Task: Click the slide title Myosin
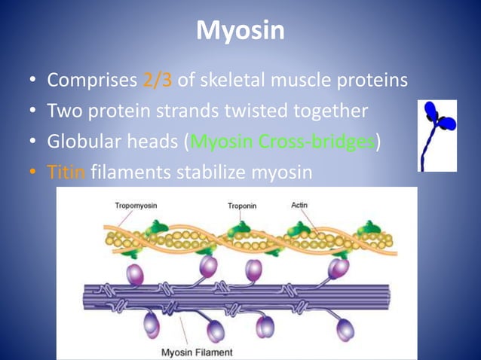240,31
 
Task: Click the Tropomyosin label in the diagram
136,205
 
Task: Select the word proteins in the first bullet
373,80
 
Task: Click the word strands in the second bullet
193,111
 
